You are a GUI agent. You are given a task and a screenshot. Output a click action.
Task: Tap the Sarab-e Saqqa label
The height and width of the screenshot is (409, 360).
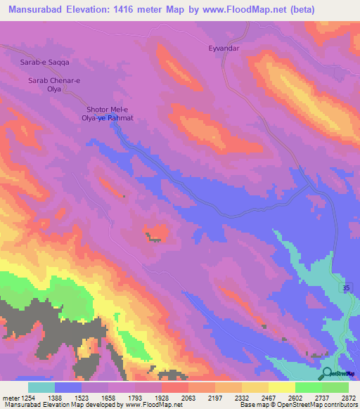[x=43, y=63]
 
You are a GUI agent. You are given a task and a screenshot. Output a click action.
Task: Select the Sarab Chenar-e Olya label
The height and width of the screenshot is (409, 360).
[x=54, y=85]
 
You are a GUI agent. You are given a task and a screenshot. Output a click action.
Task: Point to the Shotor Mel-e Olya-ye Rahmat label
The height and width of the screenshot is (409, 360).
[x=109, y=114]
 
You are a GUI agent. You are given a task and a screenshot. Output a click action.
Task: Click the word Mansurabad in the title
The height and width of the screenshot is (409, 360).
[x=34, y=10]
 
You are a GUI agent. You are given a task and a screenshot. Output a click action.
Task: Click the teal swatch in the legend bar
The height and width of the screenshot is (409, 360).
[x=41, y=387]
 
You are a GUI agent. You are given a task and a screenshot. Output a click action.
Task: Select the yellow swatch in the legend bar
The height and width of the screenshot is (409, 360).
[x=281, y=387]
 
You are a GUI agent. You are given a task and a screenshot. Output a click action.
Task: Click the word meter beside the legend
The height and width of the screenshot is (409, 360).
[x=9, y=398]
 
